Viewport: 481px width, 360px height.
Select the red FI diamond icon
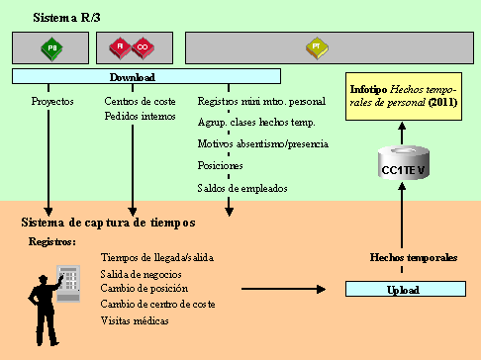click(x=118, y=45)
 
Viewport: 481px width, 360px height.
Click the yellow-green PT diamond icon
click(x=316, y=45)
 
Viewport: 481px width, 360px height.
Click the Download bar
click(x=146, y=76)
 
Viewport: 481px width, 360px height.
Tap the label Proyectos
click(x=52, y=101)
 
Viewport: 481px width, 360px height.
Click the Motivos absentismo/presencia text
click(x=263, y=143)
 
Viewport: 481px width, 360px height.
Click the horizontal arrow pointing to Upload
click(x=283, y=290)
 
